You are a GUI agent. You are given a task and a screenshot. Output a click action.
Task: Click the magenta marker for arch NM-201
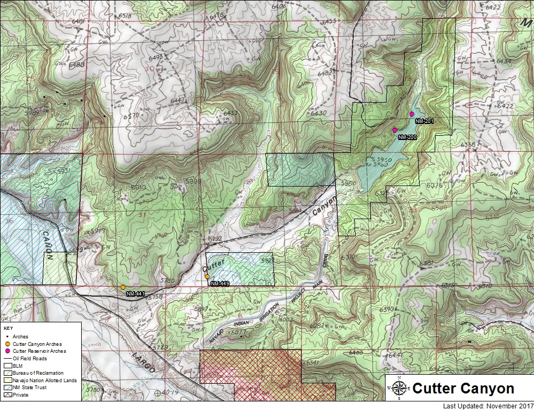point(412,114)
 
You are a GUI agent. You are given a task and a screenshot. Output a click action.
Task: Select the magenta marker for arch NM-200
point(395,130)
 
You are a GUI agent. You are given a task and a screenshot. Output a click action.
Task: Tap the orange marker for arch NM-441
point(123,288)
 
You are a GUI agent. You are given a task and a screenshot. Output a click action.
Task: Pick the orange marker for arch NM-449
point(207,277)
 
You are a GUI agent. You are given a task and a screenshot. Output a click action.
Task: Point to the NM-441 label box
point(136,294)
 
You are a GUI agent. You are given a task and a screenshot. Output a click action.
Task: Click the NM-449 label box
point(219,283)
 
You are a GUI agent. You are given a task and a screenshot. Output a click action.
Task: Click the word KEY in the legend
point(8,328)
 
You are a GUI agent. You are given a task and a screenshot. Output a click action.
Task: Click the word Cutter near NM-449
point(214,264)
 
